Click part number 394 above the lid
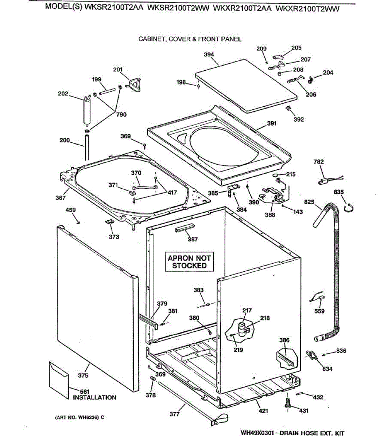click(209, 55)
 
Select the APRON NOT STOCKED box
click(189, 262)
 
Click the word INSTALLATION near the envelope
click(95, 398)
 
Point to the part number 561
click(85, 392)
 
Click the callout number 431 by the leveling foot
click(303, 411)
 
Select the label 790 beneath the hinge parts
click(121, 114)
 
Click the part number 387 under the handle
click(193, 239)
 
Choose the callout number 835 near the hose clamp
click(339, 192)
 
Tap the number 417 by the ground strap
click(172, 193)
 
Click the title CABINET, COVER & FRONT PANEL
click(190, 39)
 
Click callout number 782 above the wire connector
click(318, 162)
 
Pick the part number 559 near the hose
click(319, 311)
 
